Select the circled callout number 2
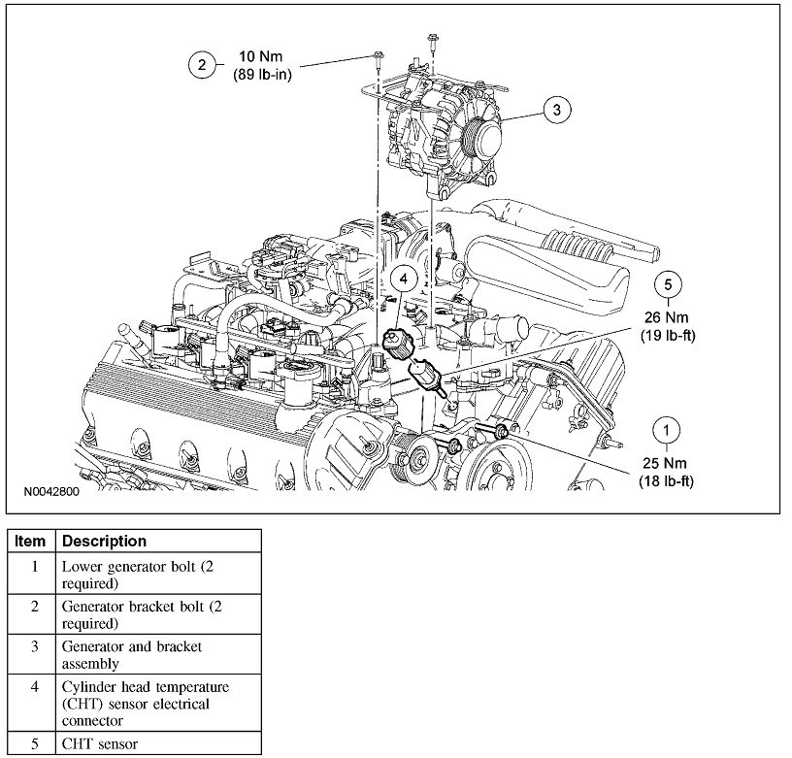pyautogui.click(x=202, y=65)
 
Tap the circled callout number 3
pyautogui.click(x=556, y=110)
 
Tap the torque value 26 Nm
pyautogui.click(x=666, y=318)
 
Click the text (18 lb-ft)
pyautogui.click(x=666, y=480)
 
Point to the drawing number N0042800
pyautogui.click(x=51, y=492)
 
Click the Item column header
pyautogui.click(x=31, y=541)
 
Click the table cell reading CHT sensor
pyautogui.click(x=101, y=744)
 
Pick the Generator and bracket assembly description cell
pyautogui.click(x=132, y=654)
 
